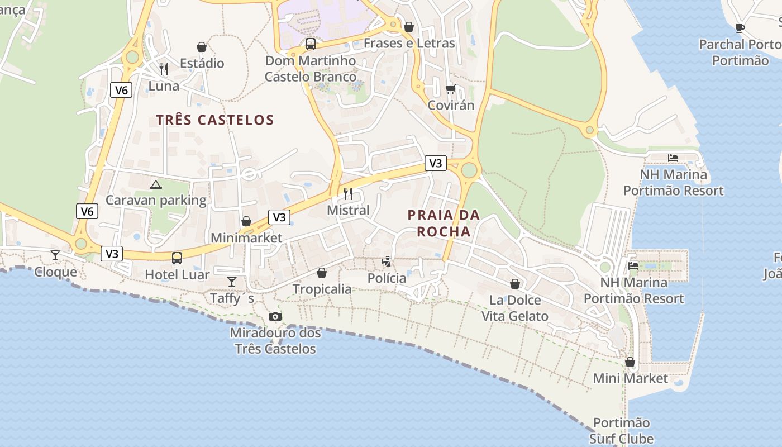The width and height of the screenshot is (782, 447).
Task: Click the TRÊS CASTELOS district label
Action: coord(215,120)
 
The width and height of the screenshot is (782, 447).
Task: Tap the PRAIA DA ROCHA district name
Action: coord(444,223)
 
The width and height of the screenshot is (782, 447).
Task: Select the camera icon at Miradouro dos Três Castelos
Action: coord(275,317)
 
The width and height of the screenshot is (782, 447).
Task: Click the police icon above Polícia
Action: coord(387,261)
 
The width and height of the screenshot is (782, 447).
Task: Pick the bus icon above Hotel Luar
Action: coord(177,258)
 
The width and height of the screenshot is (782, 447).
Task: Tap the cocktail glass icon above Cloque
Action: coord(55,255)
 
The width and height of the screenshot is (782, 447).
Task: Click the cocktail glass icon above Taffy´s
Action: coord(232,281)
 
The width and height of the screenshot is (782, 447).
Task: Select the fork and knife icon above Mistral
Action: coord(348,194)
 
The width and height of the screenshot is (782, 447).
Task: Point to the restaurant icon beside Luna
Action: coord(164,69)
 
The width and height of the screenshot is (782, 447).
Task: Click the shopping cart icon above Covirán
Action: coord(451,89)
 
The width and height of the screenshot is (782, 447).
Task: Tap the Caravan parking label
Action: coord(156,200)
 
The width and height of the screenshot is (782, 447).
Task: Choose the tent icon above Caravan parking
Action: coord(156,184)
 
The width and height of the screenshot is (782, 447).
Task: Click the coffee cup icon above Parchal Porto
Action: coord(740,28)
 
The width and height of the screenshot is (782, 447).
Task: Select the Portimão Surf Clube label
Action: coord(622,431)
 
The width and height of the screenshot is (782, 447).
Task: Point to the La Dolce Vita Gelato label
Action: coord(515,308)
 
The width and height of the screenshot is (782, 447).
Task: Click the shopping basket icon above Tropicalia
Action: coord(322,273)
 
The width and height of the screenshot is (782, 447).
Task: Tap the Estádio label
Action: coord(202,63)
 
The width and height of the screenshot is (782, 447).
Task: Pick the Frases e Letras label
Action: coord(409,43)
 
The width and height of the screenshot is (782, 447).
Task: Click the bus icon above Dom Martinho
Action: coord(310,44)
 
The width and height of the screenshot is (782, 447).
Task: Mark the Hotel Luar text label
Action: coord(177,274)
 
